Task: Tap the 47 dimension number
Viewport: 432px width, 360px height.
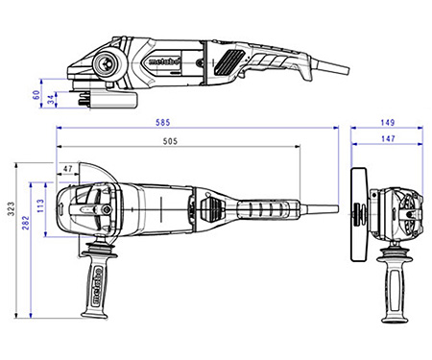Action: (67, 168)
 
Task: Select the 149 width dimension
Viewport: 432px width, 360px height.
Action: (385, 123)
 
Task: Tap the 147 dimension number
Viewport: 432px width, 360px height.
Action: (385, 140)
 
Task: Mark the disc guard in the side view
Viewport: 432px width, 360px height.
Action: (108, 97)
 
